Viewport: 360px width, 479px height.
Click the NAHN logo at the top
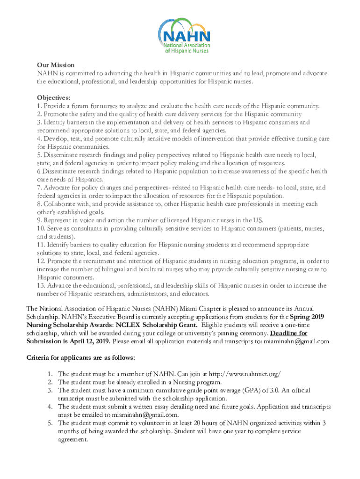185,36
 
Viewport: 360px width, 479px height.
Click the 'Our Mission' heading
56,65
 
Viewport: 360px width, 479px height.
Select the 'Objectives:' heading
54,98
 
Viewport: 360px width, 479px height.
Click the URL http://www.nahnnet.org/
245,373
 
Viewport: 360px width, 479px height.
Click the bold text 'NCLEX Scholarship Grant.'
157,325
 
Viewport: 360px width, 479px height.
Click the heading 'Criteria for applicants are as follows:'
81,358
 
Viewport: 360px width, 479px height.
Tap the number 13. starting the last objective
41,285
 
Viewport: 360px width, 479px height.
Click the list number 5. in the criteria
50,423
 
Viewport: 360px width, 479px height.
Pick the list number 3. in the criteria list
50,390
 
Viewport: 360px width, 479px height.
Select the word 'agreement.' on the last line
72,439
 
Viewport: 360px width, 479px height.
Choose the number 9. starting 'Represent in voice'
39,220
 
